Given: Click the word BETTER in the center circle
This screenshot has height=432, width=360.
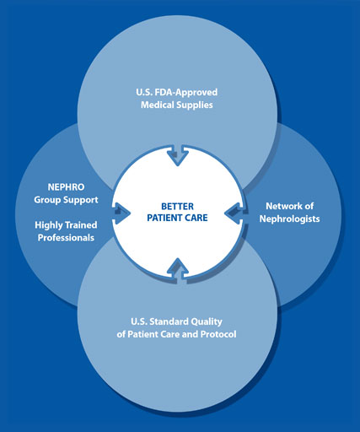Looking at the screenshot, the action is (x=177, y=207).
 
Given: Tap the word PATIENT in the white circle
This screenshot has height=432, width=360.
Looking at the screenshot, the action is (x=165, y=218).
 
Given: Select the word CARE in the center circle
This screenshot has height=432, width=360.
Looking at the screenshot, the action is (x=196, y=218).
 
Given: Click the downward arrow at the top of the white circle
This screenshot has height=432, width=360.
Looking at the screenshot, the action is (x=178, y=155).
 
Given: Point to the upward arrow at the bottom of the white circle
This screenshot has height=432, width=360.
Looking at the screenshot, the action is (x=178, y=268).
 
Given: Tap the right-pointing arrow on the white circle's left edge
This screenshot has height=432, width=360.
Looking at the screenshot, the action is (x=121, y=213).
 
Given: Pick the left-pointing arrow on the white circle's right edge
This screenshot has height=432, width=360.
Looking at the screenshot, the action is (x=235, y=213).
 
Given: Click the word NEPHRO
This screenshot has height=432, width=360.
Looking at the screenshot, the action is (x=66, y=187).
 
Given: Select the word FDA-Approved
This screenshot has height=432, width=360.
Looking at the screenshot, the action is (x=186, y=92).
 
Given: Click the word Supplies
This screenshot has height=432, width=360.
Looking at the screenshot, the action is (x=196, y=105).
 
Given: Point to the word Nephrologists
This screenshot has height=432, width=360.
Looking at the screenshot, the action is (x=289, y=219).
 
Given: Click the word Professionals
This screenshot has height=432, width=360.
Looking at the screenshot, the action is (x=66, y=238).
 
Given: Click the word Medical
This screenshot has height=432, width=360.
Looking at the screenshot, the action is (x=158, y=105).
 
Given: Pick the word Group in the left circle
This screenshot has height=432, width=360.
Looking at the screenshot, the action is (x=47, y=200).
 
